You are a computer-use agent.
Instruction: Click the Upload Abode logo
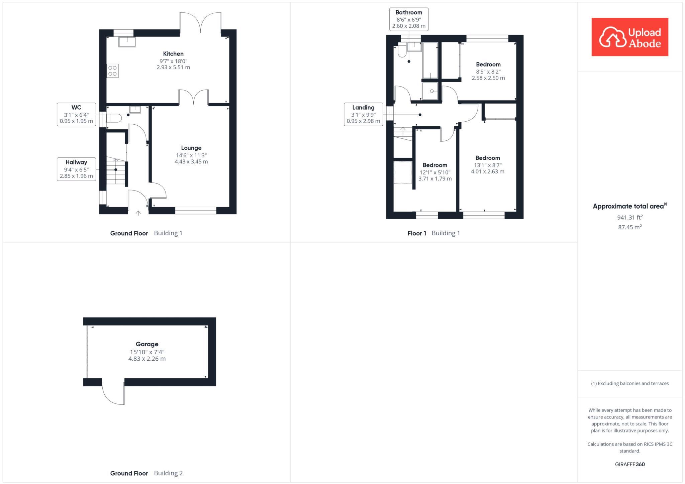(629, 37)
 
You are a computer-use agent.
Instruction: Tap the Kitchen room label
(173, 53)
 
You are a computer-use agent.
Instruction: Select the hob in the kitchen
(113, 71)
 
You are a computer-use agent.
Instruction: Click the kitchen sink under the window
(127, 42)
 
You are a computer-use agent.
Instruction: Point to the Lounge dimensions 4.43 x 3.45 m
(191, 162)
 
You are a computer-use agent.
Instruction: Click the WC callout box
(76, 114)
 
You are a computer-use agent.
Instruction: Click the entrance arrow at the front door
(138, 213)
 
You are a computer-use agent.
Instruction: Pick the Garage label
(147, 344)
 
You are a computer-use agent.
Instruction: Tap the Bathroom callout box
(409, 19)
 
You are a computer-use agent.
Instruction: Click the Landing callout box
(363, 114)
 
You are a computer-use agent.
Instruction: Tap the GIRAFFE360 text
(629, 464)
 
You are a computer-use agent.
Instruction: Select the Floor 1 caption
(417, 233)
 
